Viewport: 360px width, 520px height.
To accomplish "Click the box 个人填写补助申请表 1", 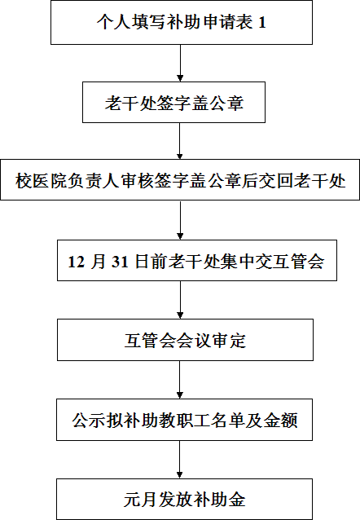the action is (x=182, y=22).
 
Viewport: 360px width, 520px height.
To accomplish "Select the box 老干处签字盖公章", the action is (x=173, y=102).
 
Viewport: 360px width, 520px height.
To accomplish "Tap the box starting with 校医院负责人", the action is (x=180, y=180).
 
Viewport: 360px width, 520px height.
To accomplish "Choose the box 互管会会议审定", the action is (x=185, y=340).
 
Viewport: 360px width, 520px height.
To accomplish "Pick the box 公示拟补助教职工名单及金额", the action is (x=184, y=420).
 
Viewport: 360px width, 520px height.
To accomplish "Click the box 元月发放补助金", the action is (x=184, y=499).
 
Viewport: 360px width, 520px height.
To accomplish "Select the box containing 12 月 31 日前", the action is (x=197, y=260).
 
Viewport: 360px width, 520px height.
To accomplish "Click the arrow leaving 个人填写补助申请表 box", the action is (x=180, y=63).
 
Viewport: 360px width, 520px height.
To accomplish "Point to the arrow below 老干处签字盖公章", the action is (x=180, y=141).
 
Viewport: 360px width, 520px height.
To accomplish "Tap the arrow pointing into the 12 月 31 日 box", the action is (x=180, y=220).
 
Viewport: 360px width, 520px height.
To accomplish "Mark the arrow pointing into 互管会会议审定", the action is (x=180, y=300).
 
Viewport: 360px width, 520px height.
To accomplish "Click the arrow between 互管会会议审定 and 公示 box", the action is (x=180, y=380).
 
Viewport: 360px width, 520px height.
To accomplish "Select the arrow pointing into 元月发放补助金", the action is (x=180, y=460).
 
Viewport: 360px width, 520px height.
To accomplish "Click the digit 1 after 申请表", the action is (x=262, y=23).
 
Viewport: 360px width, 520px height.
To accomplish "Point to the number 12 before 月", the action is (x=76, y=262).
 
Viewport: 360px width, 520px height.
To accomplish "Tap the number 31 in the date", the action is (x=120, y=262).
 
